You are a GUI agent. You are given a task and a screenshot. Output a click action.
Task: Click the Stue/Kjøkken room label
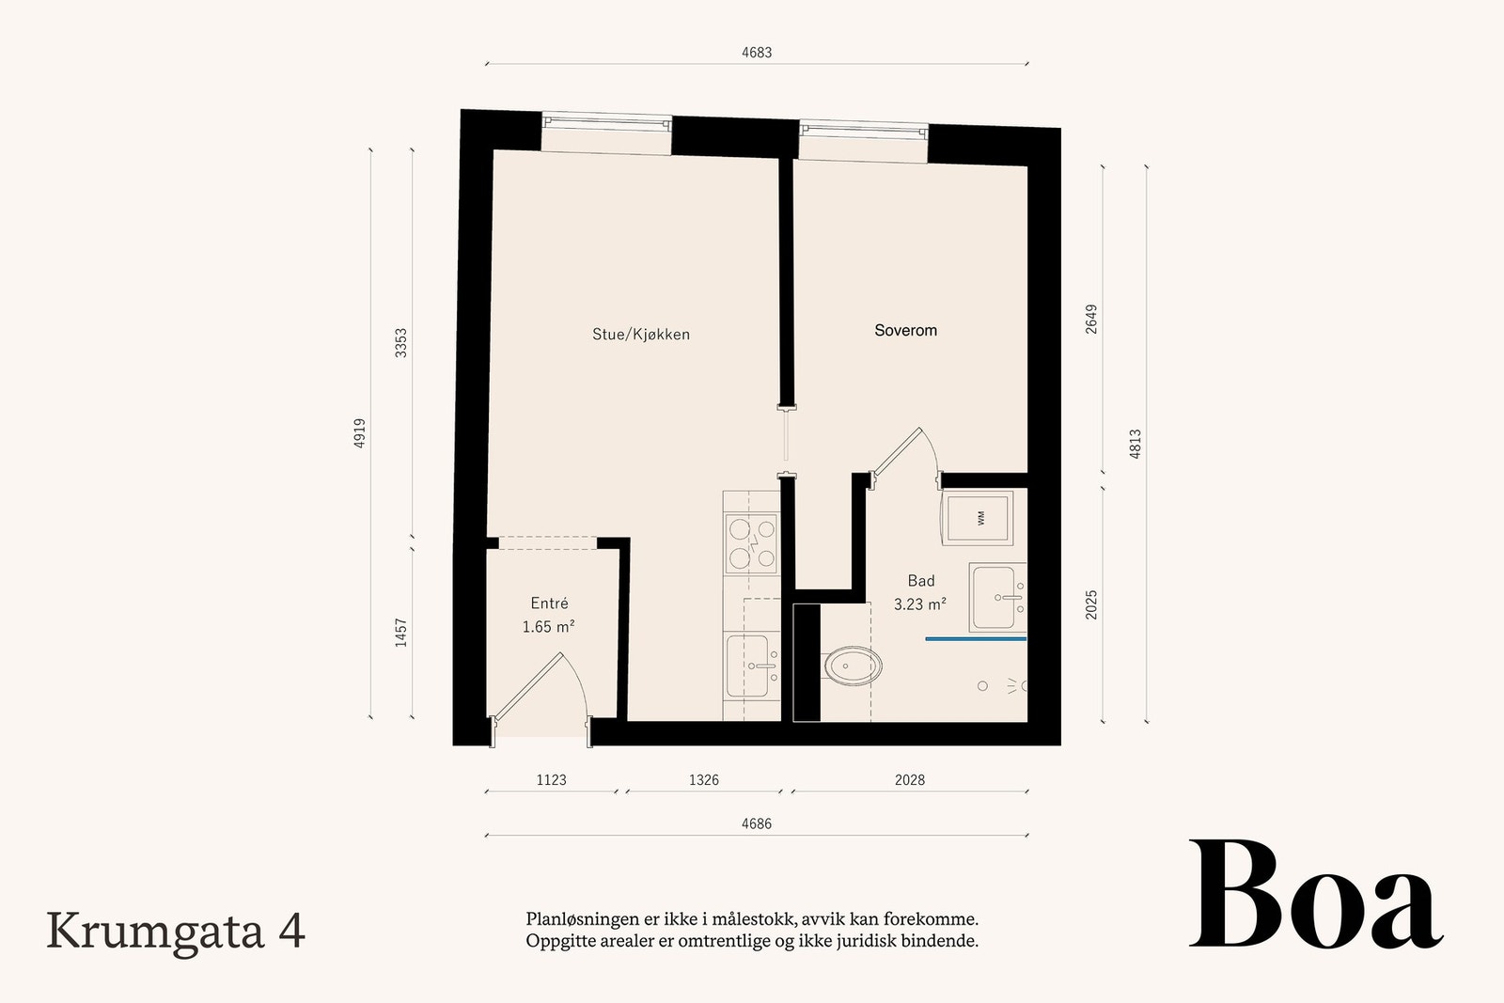[640, 335]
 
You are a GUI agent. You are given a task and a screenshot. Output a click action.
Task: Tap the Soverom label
[905, 330]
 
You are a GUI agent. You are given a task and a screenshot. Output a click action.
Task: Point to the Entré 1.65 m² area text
[549, 615]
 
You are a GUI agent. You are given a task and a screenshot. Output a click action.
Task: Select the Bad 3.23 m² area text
[920, 592]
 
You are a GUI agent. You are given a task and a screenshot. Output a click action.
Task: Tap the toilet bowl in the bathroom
[853, 666]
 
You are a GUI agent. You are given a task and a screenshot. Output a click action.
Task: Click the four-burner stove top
[752, 543]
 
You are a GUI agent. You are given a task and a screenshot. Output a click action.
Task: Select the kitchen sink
[751, 666]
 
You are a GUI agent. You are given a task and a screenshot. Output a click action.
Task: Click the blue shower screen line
[977, 639]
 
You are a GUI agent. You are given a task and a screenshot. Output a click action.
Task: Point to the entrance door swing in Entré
[540, 695]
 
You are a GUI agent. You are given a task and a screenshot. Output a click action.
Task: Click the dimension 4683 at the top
[757, 53]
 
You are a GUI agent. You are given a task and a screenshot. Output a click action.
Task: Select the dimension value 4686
[757, 823]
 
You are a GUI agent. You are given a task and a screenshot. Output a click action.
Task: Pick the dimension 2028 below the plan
[910, 780]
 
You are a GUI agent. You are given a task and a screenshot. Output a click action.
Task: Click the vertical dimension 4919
[359, 433]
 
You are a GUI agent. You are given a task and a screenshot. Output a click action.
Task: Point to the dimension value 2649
[1091, 319]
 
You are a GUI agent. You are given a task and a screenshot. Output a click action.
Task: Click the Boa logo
[1316, 894]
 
